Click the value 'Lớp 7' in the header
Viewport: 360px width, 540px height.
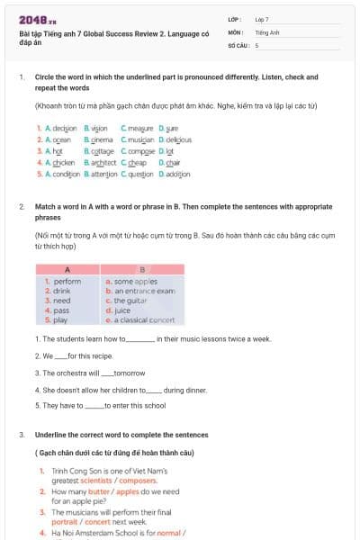click(262, 19)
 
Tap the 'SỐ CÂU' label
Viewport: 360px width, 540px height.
click(238, 45)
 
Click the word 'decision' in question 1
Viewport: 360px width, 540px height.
click(64, 129)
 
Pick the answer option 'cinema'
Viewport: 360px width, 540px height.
click(102, 139)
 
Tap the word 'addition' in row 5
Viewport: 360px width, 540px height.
click(177, 174)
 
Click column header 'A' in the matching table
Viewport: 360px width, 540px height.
click(68, 269)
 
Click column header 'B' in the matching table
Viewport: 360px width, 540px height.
click(142, 269)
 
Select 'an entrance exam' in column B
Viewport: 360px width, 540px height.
click(143, 291)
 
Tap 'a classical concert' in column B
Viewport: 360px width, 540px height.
click(143, 320)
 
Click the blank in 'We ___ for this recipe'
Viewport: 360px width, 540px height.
click(60, 355)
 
